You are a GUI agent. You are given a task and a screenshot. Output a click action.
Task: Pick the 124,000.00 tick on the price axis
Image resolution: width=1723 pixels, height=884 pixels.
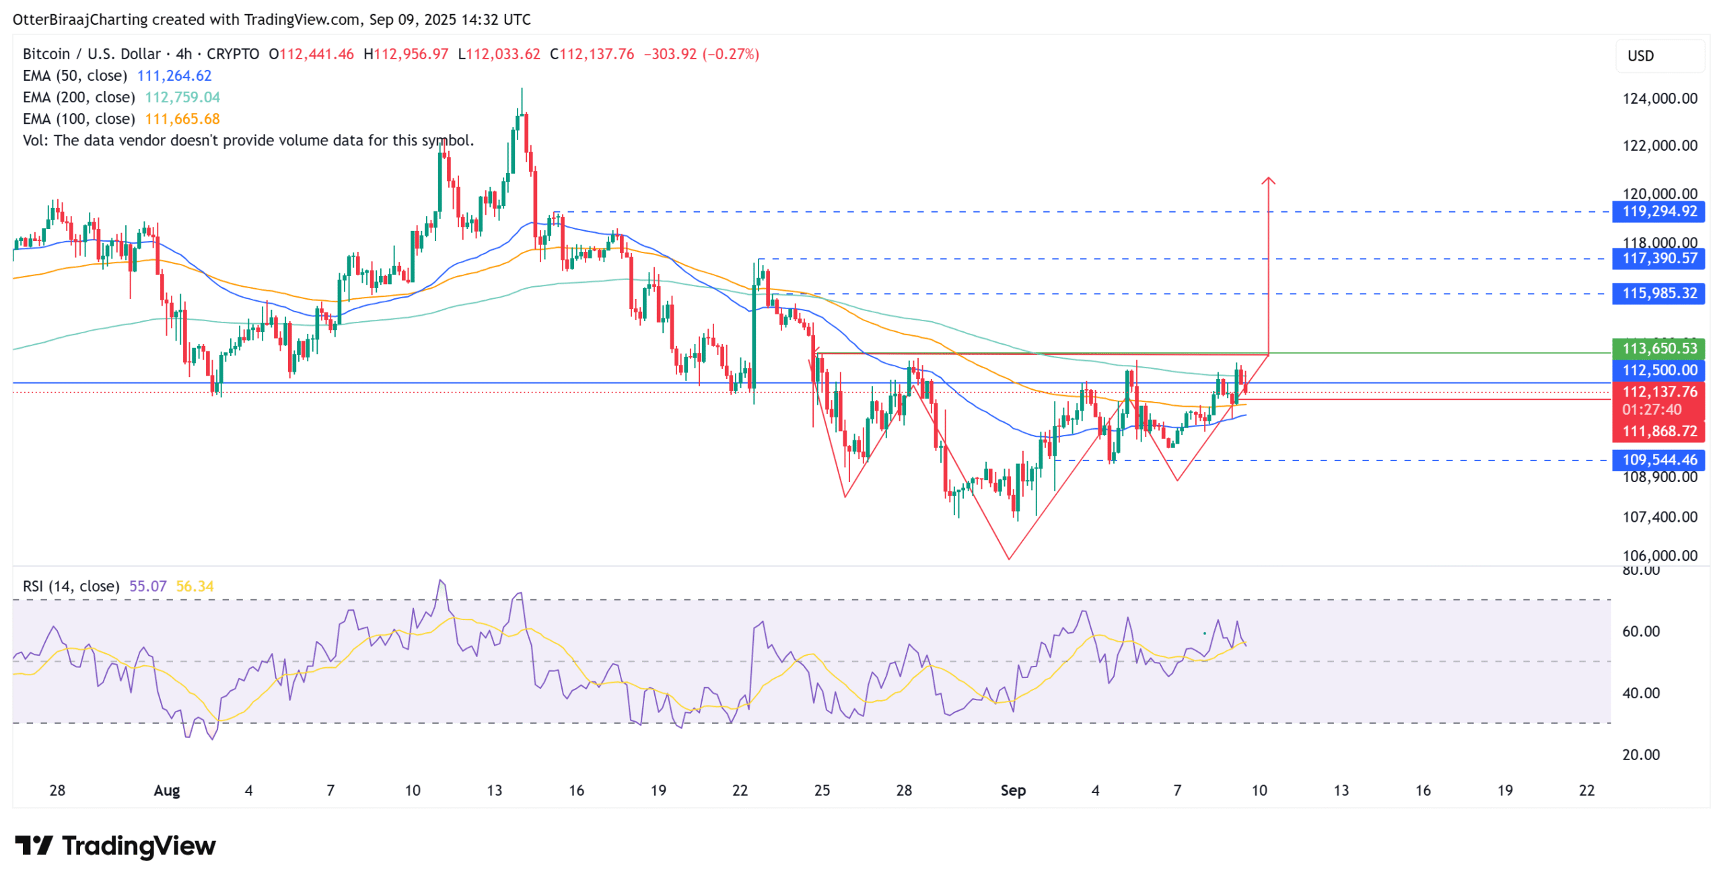(1659, 99)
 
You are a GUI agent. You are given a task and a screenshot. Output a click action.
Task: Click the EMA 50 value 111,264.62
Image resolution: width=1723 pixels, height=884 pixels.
(174, 76)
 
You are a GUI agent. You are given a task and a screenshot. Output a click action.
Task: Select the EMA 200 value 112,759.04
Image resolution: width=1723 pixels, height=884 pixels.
(182, 98)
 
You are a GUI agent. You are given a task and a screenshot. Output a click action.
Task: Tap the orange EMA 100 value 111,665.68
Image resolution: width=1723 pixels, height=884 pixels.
(182, 119)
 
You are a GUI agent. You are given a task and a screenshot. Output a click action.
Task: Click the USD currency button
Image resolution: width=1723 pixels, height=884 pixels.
(1640, 57)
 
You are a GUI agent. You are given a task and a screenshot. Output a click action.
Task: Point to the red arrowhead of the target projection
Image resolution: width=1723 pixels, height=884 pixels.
(1268, 180)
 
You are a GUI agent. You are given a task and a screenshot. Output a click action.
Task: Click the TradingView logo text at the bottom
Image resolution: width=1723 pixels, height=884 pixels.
(139, 846)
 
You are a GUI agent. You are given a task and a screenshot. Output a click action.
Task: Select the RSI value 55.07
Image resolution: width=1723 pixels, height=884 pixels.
(147, 586)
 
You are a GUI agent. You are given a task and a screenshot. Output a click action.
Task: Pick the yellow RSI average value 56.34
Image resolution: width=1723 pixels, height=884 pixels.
(195, 586)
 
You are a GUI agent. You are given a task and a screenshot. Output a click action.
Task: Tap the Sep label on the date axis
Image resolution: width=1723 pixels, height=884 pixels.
(1012, 790)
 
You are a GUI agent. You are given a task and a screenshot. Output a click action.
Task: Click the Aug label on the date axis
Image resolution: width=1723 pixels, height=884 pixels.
(167, 790)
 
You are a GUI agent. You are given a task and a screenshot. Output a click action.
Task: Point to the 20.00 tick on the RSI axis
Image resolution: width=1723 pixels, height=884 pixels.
(1641, 755)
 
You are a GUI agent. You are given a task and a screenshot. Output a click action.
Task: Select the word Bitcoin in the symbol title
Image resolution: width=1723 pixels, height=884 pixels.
(46, 55)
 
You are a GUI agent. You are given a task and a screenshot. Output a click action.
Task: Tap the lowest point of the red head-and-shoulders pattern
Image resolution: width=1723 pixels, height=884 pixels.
(1009, 558)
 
